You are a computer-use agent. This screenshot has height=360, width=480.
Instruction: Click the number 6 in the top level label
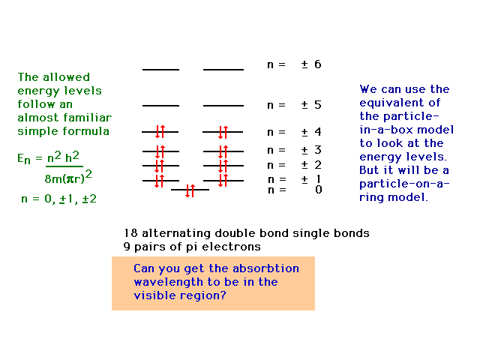pos(318,64)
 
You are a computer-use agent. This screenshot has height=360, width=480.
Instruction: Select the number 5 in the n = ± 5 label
pos(318,105)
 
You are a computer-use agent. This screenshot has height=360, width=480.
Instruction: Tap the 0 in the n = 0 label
pos(318,190)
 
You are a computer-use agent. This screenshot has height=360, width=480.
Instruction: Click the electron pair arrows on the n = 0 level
pos(190,190)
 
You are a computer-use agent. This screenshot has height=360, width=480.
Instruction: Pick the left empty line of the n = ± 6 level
pos(160,70)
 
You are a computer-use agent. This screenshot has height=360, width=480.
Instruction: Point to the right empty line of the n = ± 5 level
pos(223,106)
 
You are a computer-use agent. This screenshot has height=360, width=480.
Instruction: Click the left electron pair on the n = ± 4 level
pos(160,132)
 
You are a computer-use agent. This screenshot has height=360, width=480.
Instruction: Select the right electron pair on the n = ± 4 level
pos(223,132)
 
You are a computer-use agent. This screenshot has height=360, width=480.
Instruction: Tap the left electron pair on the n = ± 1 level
pos(160,181)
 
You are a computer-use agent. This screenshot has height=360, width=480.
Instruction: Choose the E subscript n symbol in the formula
pos(24,159)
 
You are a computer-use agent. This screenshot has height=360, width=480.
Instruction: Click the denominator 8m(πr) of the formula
pos(64,178)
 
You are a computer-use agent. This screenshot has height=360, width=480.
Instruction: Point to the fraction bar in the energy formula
pos(64,166)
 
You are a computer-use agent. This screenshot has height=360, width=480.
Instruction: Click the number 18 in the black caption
pos(130,233)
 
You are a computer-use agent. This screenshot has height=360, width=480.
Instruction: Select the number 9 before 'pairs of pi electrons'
pos(127,247)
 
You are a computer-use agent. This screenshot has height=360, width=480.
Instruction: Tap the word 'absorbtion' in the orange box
pos(265,268)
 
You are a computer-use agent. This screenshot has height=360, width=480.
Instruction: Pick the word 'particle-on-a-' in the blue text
pos(404,184)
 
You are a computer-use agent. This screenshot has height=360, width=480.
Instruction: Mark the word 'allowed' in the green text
pos(67,77)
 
